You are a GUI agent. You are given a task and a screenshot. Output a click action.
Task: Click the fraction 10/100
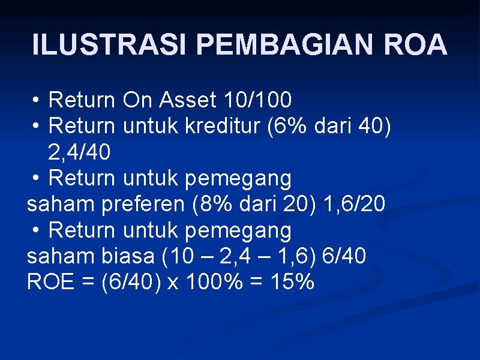257,100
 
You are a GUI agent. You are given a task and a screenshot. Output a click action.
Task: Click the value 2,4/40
79,153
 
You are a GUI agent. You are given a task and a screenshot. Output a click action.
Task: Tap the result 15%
292,282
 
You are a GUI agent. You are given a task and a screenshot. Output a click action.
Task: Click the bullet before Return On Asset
37,100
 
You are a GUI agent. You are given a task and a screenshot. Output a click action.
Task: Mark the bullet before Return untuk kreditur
37,127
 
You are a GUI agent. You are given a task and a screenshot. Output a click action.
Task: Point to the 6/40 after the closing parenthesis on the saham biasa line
344,256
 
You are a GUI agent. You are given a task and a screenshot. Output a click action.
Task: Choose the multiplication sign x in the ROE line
172,283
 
